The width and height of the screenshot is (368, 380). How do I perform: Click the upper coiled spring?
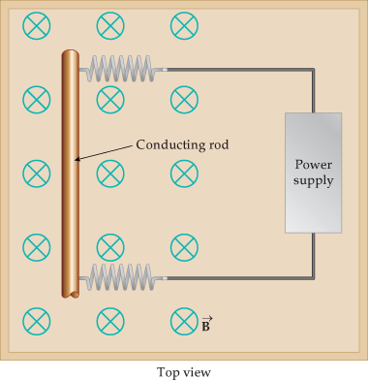[121, 69]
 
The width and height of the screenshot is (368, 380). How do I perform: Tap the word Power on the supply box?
[313, 164]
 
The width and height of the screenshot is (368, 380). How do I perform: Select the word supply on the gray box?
[313, 180]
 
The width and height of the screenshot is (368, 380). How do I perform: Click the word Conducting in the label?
[166, 144]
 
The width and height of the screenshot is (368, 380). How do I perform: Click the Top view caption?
[184, 370]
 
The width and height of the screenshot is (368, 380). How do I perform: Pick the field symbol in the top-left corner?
[36, 26]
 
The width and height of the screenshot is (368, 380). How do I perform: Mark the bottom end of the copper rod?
[71, 293]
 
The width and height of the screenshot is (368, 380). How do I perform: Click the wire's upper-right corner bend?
[313, 70]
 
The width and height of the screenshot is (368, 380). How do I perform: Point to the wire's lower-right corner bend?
[313, 278]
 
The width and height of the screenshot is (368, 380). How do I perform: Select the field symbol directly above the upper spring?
[109, 26]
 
